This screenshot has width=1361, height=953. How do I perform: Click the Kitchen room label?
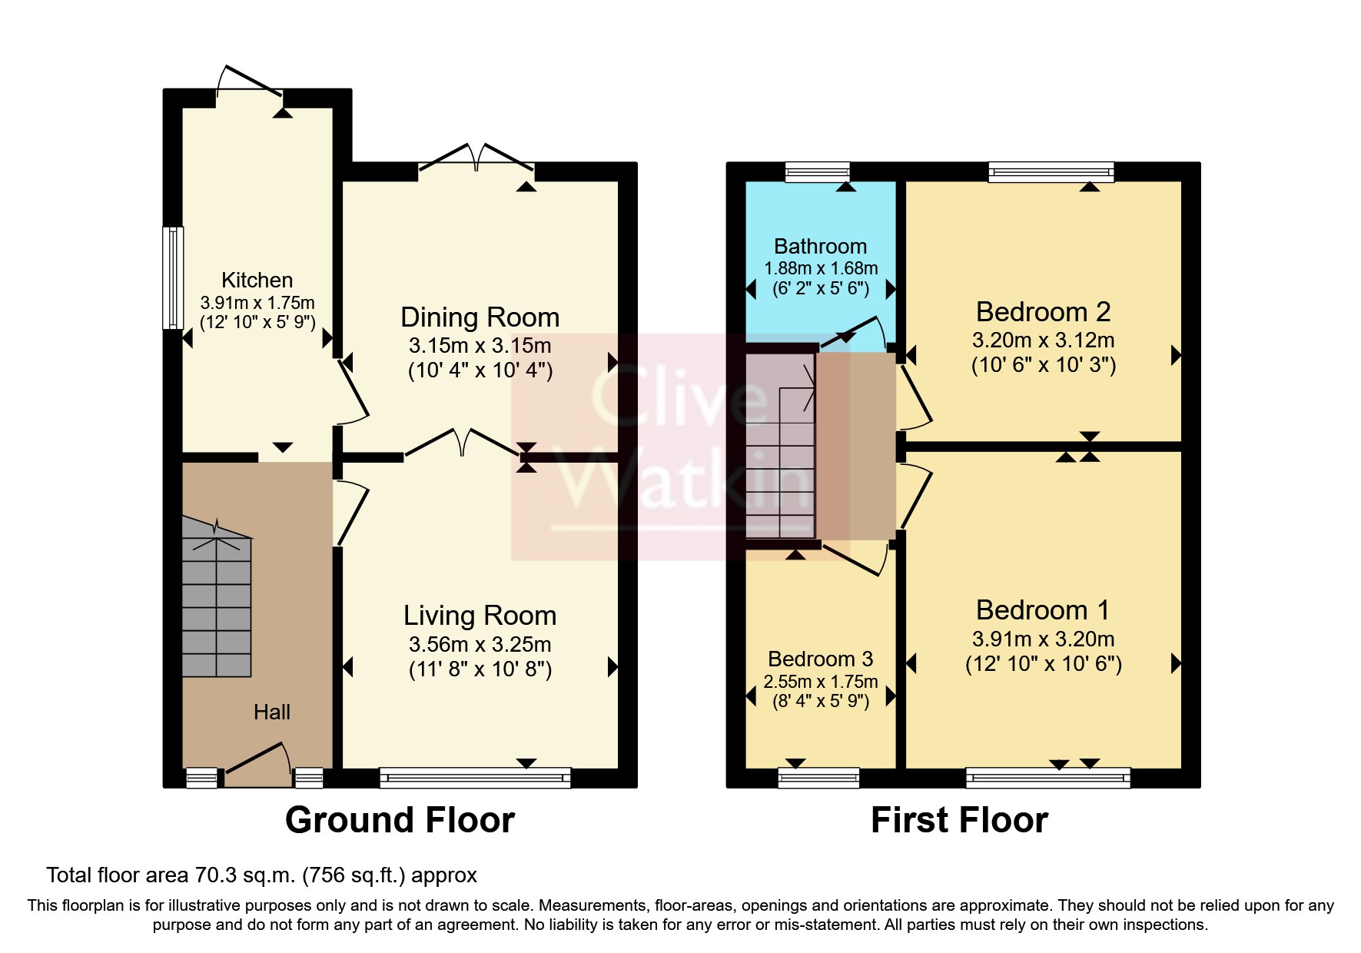pyautogui.click(x=257, y=280)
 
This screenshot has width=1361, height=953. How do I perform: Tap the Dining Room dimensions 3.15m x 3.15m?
pyautogui.click(x=480, y=345)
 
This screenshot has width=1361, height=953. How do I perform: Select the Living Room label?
pyautogui.click(x=480, y=616)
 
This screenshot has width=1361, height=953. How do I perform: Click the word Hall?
pyautogui.click(x=272, y=712)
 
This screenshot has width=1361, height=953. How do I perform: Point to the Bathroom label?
pyautogui.click(x=820, y=246)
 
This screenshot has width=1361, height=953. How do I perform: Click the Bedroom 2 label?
pyautogui.click(x=1043, y=312)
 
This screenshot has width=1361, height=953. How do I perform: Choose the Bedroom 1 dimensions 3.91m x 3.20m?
pyautogui.click(x=1043, y=639)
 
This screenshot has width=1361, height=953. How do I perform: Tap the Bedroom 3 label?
pyautogui.click(x=820, y=659)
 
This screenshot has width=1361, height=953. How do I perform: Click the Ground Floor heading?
pyautogui.click(x=400, y=820)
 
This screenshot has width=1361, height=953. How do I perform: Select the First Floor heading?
pyautogui.click(x=959, y=820)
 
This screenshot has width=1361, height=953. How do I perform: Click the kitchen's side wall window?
pyautogui.click(x=174, y=277)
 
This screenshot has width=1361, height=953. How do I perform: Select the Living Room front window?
pyautogui.click(x=475, y=778)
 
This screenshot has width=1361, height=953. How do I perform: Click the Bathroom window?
pyautogui.click(x=817, y=171)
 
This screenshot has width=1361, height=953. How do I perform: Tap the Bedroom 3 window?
pyautogui.click(x=818, y=778)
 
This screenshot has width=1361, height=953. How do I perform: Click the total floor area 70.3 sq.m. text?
pyautogui.click(x=261, y=875)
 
